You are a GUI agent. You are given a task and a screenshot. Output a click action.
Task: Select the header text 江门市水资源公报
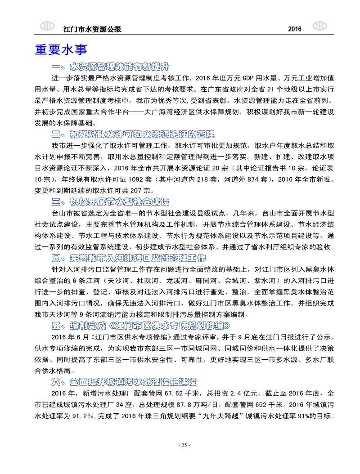[94, 29]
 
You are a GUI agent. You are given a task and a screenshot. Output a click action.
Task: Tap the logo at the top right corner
[319, 26]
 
